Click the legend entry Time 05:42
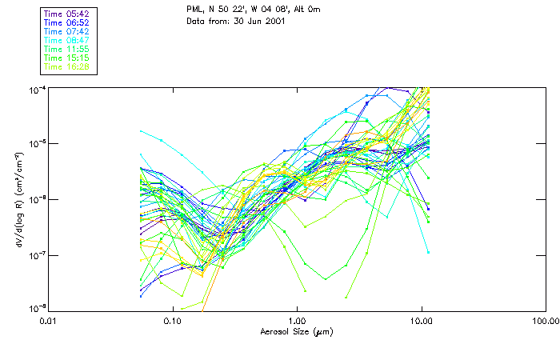pos(68,13)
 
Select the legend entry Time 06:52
pos(68,22)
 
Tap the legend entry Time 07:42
pos(68,30)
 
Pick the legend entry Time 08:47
pos(68,40)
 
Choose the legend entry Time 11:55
pos(68,49)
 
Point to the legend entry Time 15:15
pos(68,58)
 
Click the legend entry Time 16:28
pos(68,67)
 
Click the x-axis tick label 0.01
pos(49,321)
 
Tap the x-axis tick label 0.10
pos(173,321)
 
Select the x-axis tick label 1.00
pos(297,321)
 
